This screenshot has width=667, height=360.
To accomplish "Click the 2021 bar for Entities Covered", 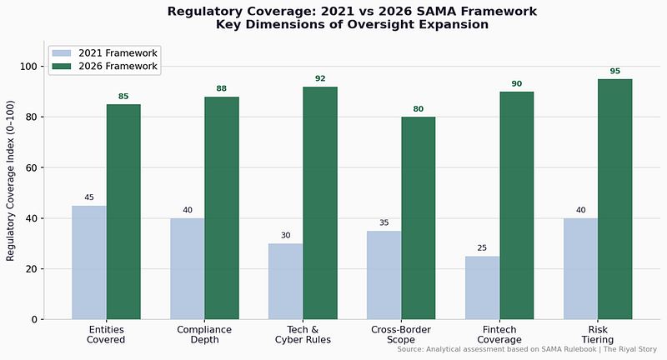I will tap(89, 262).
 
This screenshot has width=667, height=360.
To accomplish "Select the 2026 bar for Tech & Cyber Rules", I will tap(320, 202).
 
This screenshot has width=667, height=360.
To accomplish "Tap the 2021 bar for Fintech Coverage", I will tap(483, 287).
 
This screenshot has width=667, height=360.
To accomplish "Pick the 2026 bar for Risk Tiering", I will tap(615, 199).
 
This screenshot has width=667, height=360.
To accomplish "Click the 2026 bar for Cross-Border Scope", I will tap(419, 217).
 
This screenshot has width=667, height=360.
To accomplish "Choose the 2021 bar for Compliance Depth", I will tap(188, 268).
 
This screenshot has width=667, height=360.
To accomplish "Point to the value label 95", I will tap(615, 71).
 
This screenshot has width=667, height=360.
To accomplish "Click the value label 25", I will tap(483, 247).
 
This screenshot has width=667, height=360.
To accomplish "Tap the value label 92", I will tap(320, 78).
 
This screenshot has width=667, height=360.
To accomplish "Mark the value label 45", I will tap(89, 197).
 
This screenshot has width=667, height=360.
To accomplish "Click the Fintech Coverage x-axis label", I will tap(499, 334).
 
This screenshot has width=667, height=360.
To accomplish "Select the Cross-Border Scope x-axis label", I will tap(401, 334).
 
